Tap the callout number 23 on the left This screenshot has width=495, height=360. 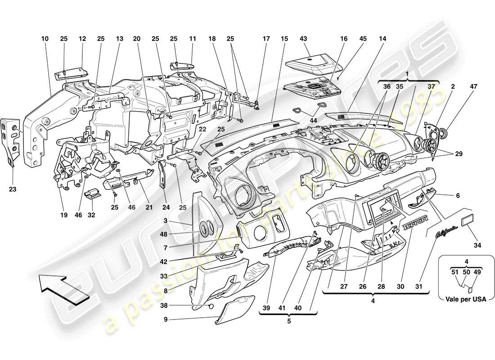(x=13, y=189)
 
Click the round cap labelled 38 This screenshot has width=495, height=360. (x=210, y=307)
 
